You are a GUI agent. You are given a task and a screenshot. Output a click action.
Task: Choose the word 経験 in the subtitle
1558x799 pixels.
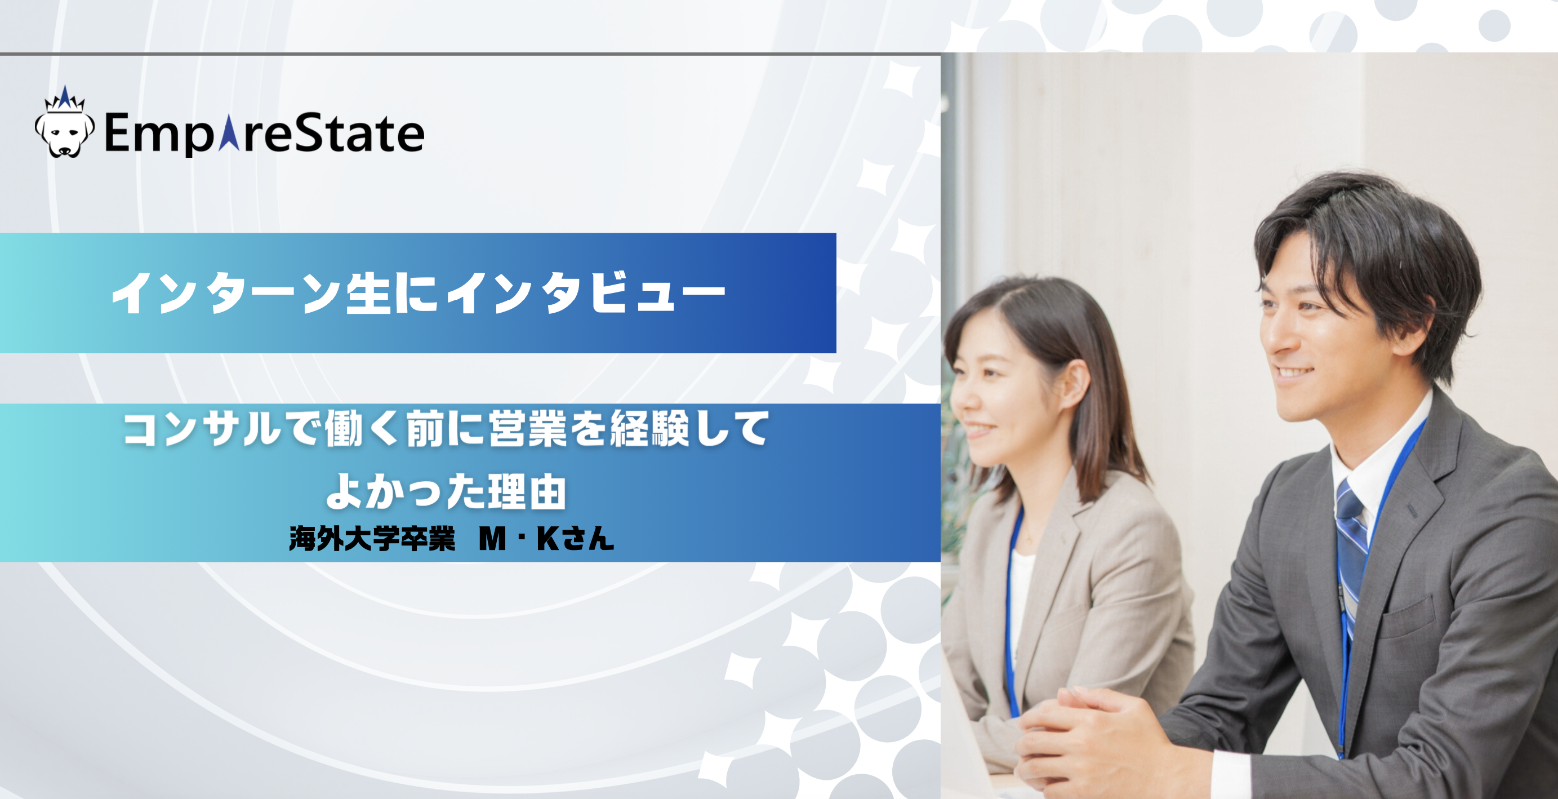click(649, 429)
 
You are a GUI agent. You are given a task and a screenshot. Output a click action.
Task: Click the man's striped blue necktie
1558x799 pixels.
click(1352, 544)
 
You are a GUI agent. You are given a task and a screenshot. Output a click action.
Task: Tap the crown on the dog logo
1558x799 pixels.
click(65, 98)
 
